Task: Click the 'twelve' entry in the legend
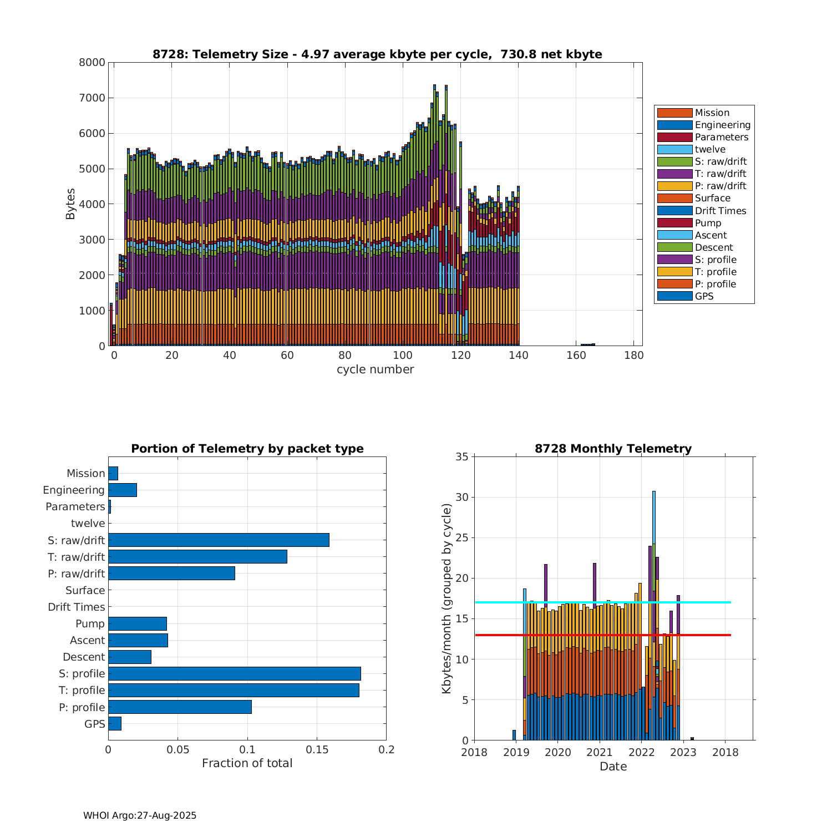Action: coord(710,149)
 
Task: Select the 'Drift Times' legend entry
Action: coord(720,211)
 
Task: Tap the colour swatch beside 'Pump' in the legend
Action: coord(674,223)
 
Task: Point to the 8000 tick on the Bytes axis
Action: coord(92,63)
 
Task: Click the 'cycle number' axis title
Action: coord(375,369)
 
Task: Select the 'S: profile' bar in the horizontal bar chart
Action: coord(235,673)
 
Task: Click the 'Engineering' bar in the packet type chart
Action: coord(123,490)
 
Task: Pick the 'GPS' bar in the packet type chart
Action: coord(115,723)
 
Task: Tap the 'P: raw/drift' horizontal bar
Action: coord(171,574)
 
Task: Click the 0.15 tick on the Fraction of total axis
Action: coord(317,750)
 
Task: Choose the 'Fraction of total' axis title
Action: coord(247,763)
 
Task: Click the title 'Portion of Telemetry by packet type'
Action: coord(247,449)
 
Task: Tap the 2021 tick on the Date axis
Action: coord(600,752)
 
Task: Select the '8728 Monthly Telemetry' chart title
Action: coord(613,449)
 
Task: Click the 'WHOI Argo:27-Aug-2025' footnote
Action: coord(140,815)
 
